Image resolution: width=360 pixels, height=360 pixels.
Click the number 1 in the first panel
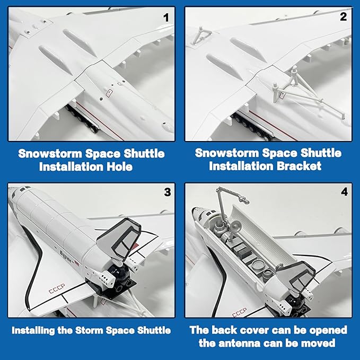point(166,17)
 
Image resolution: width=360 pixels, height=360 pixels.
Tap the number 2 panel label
point(344,16)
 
